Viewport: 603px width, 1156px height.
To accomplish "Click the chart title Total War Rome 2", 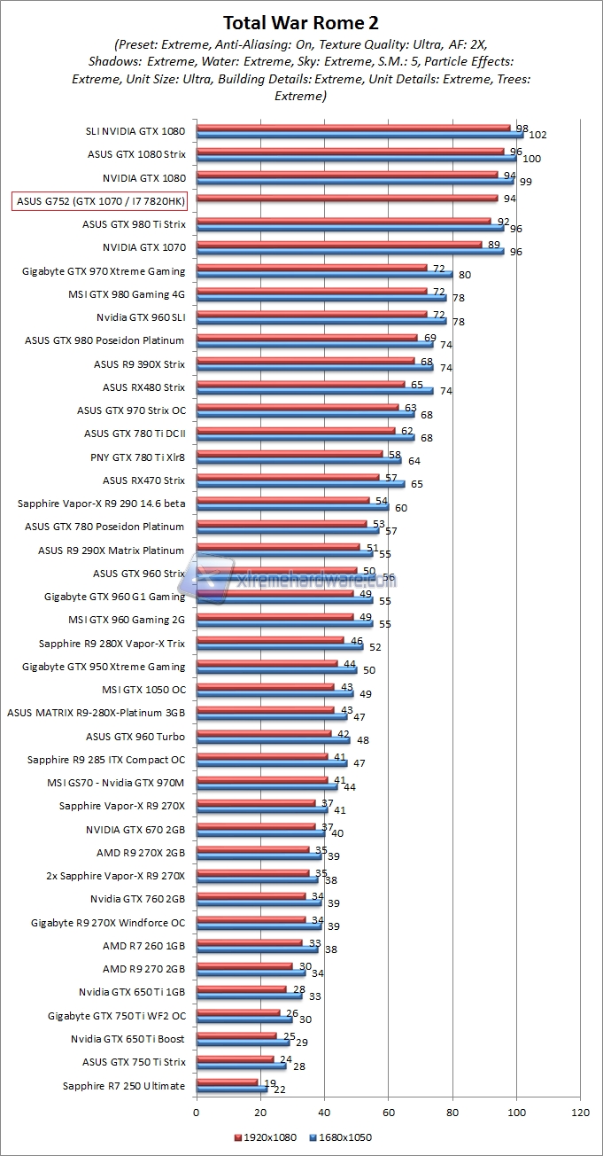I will tap(302, 22).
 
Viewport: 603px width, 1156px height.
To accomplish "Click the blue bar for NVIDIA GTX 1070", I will tap(349, 251).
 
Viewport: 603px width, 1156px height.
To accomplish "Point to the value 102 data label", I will tap(537, 136).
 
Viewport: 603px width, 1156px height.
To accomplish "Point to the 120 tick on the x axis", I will tap(581, 1110).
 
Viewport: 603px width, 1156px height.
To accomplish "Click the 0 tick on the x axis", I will tap(196, 1110).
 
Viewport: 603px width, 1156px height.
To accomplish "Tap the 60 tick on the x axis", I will tap(389, 1110).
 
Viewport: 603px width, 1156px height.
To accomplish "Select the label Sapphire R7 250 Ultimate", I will tap(124, 1086).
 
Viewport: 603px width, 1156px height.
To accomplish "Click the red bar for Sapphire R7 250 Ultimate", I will tap(226, 1082).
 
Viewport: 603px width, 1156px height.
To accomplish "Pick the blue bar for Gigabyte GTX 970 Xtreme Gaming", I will tap(323, 274).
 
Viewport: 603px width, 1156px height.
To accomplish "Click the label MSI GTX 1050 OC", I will tap(143, 689).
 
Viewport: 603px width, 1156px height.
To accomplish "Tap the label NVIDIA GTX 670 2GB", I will tap(135, 830).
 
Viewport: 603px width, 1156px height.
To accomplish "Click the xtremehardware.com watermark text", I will tap(314, 582).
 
